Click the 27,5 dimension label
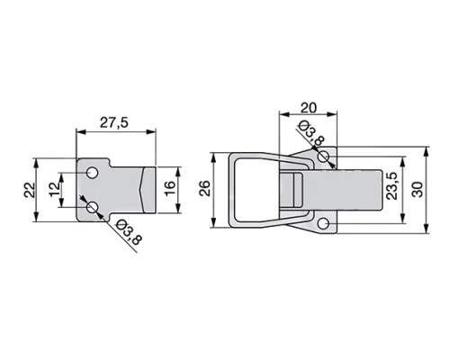pos(114,123)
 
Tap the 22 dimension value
pos(30,190)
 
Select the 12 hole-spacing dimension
pos(55,190)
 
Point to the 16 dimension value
pos(170,189)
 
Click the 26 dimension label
pos(205,188)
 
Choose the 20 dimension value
pos(309,108)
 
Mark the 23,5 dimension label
pos(392,186)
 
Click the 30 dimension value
pos(418,189)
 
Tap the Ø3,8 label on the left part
pos(128,232)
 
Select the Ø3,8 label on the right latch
pos(312,133)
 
